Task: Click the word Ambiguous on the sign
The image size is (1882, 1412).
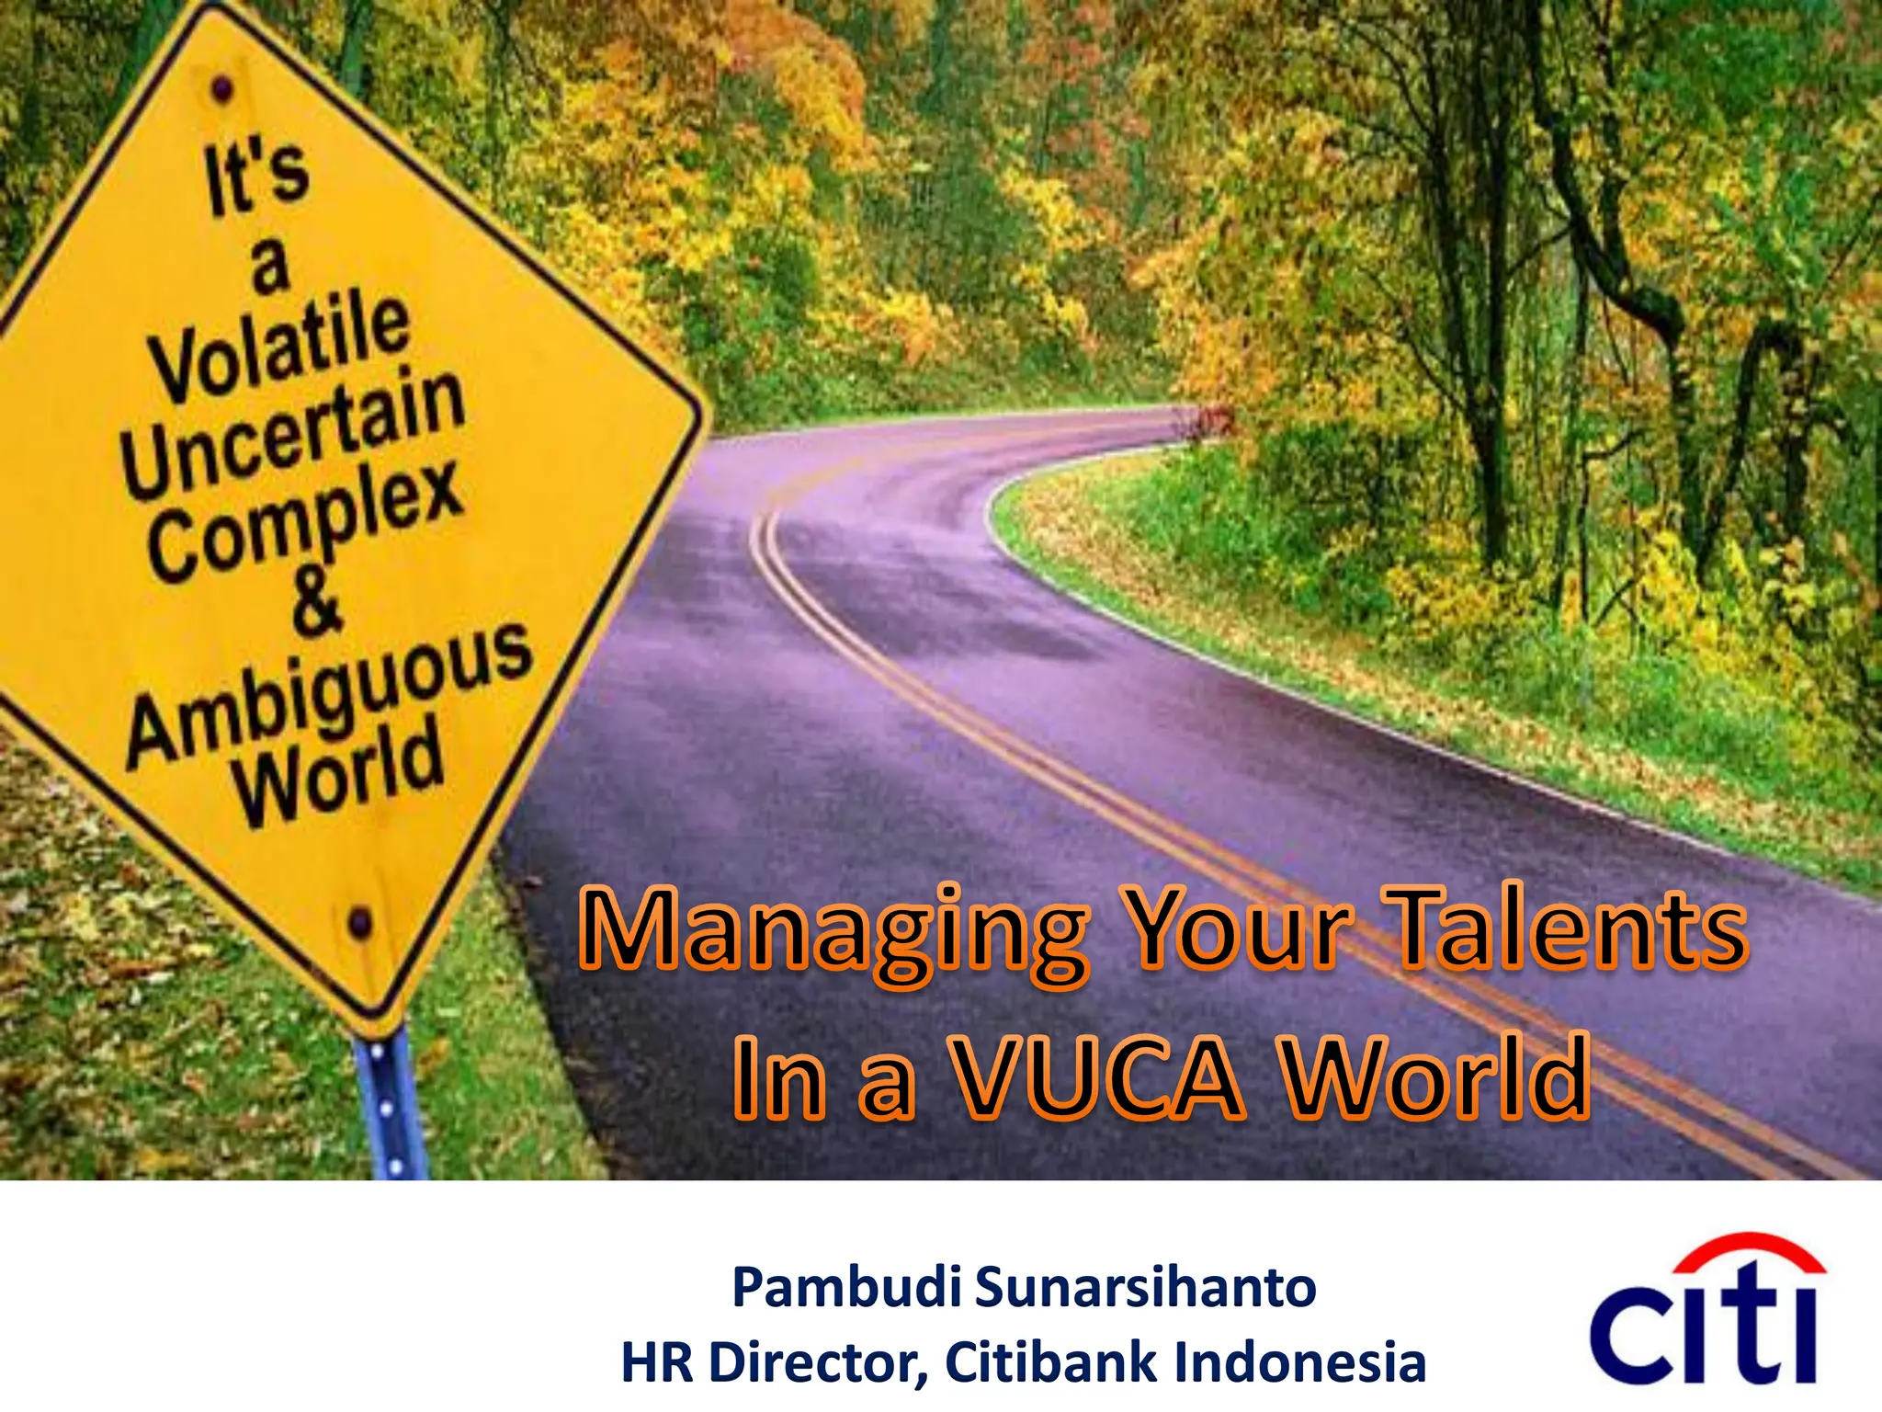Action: click(329, 694)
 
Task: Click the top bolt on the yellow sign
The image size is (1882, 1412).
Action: click(221, 90)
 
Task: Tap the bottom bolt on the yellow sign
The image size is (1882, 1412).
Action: click(360, 920)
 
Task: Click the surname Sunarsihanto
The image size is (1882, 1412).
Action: click(1144, 1287)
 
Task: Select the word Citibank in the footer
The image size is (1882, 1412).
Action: click(1051, 1362)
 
